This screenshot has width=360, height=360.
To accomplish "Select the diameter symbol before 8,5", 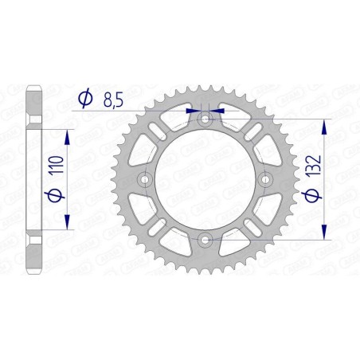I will tap(84, 100).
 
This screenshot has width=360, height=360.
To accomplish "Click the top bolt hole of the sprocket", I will tap(205, 119).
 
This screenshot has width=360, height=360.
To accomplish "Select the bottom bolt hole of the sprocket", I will tap(205, 238).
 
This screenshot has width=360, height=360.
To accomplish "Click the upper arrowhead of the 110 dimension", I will tap(66, 135).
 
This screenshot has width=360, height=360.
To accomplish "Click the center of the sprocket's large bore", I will tap(205, 178).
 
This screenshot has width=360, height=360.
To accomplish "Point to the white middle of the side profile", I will tap(32, 178).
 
